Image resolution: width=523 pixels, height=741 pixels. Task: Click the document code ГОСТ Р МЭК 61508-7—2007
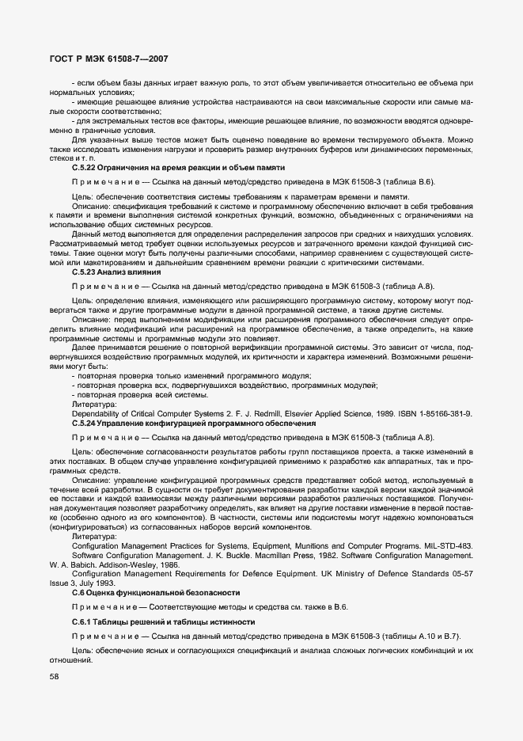[x=102, y=59]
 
